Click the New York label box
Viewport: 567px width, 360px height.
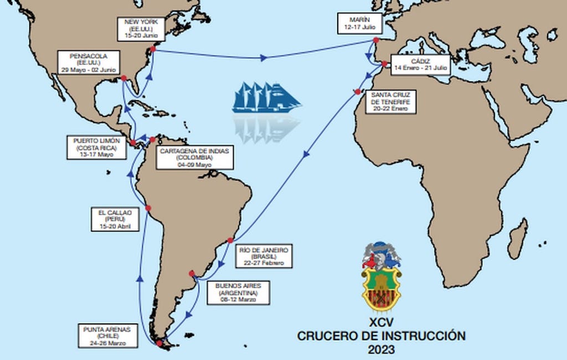coord(141,28)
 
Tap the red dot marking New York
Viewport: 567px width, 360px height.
coord(152,49)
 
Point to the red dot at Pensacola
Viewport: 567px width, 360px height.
coord(124,78)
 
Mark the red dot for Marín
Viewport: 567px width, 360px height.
coord(376,40)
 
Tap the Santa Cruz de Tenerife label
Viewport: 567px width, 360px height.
coord(390,101)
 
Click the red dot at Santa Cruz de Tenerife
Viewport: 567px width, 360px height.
coord(358,91)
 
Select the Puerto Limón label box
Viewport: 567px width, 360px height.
coord(96,147)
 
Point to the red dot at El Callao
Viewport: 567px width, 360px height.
coord(148,208)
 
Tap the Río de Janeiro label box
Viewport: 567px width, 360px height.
coord(263,256)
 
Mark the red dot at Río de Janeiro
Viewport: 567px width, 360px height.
coord(231,240)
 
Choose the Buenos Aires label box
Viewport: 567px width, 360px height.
coord(238,292)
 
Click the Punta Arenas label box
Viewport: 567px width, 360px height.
coord(108,336)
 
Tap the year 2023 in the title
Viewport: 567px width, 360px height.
coord(381,349)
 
